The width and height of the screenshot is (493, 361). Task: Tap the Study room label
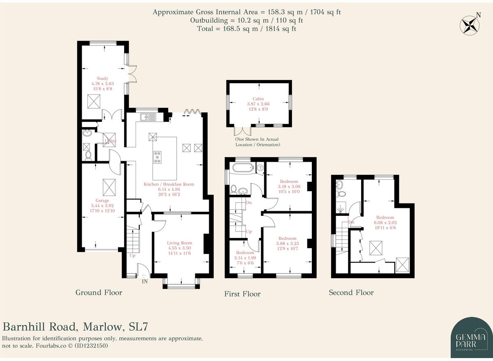coord(102,78)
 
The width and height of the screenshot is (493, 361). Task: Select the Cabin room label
coord(258,99)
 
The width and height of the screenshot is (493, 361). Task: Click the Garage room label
coord(102,201)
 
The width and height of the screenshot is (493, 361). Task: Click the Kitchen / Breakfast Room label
coord(168,184)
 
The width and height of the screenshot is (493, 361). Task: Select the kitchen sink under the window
coord(147,117)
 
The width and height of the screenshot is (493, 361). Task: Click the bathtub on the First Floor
coord(243,168)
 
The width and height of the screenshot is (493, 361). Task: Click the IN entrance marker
coord(144,282)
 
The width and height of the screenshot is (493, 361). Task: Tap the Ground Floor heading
coord(99,292)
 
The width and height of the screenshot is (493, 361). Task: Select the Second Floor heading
coord(351,292)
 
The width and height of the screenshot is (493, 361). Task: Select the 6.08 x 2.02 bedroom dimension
coord(385,223)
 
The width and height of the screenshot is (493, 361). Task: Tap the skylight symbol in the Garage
coord(108,187)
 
